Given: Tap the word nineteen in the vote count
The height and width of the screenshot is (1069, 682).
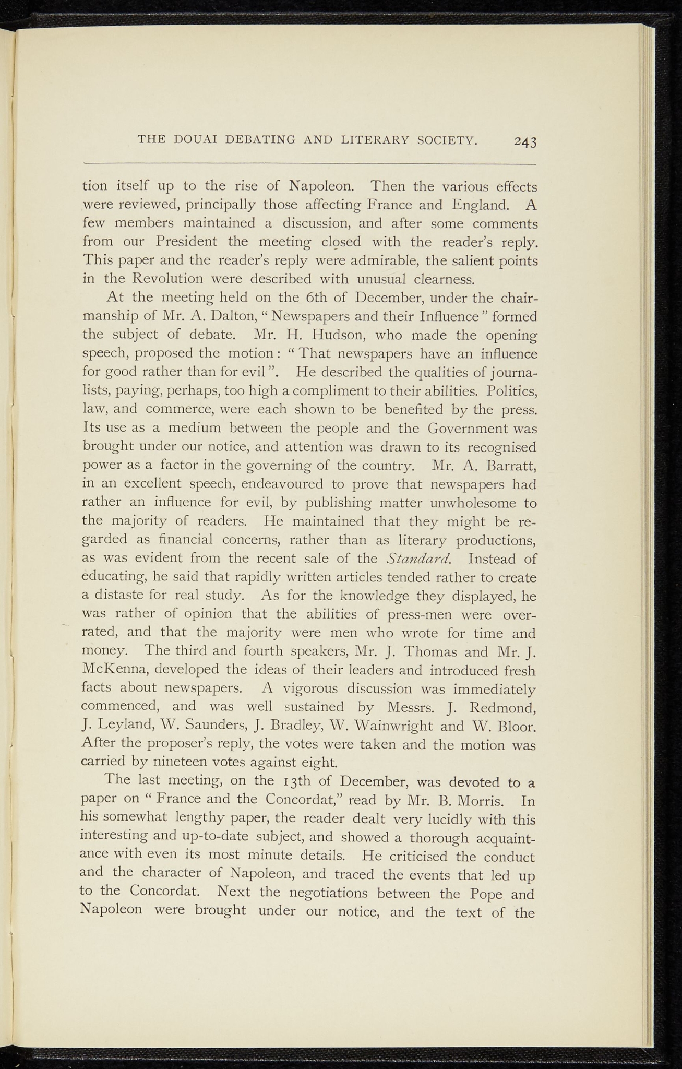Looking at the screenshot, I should pyautogui.click(x=172, y=762).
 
